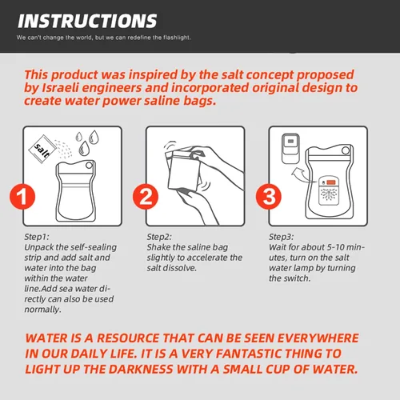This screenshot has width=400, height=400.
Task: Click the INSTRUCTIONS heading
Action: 87,21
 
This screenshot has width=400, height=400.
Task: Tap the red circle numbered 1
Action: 22,197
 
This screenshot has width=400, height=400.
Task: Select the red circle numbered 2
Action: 146,197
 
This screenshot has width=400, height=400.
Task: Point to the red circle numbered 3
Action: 269,197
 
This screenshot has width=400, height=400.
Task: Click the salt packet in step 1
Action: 42,150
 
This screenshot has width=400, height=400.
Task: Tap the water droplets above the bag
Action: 87,142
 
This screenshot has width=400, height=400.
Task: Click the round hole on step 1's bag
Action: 89,166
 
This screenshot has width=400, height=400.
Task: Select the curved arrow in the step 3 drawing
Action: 302,174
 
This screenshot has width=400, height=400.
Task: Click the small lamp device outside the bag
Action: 290,149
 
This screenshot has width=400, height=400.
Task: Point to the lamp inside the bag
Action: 329,190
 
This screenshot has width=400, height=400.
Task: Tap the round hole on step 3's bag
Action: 346,150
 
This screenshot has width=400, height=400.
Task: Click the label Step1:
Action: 37,237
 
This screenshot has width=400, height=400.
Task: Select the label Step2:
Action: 159,237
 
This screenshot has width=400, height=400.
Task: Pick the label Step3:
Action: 282,237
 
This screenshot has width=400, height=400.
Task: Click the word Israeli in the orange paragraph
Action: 62,88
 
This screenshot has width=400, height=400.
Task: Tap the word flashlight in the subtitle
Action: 177,38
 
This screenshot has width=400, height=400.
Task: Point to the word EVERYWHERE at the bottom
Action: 318,338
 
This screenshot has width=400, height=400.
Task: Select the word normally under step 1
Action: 42,310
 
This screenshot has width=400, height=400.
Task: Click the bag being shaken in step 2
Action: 184,170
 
